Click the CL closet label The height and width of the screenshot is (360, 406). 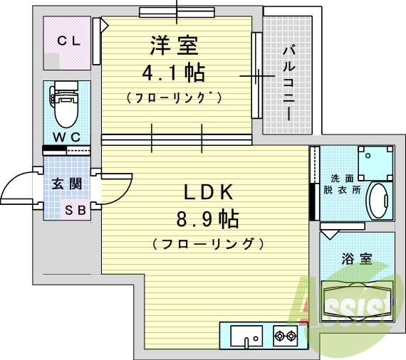(68, 41)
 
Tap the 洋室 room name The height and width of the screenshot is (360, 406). (174, 46)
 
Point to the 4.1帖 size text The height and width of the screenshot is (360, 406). (174, 73)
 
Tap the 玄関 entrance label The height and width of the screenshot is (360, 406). (66, 184)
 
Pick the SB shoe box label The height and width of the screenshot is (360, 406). (74, 210)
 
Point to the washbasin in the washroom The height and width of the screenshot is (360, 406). (378, 201)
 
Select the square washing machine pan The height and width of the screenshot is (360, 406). (375, 164)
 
